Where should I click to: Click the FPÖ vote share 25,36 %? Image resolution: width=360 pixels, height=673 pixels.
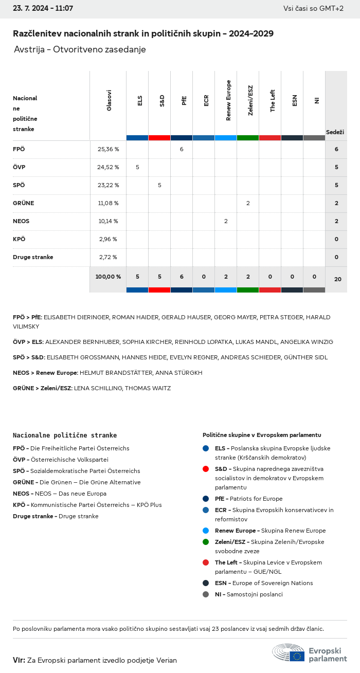point(108,149)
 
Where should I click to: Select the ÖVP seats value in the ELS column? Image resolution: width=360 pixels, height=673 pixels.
point(137,167)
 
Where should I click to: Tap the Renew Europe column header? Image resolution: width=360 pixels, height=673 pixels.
point(228,100)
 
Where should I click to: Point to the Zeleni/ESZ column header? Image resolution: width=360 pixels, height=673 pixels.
point(250,100)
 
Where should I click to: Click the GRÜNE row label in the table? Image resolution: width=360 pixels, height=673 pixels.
point(24,203)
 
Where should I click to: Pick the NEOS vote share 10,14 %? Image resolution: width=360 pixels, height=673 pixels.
point(108,221)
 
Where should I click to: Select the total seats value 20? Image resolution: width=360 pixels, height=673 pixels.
point(337,279)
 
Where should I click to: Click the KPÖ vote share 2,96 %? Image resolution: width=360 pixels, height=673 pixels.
point(108,239)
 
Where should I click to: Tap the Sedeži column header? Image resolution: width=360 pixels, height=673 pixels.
point(335,133)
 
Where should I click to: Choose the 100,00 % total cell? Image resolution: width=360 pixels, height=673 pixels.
point(108,277)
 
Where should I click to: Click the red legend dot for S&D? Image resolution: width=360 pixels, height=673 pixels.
point(206,469)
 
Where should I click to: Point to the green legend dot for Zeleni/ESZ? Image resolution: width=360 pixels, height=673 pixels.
point(206,542)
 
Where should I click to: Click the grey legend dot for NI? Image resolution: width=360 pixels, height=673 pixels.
point(206,594)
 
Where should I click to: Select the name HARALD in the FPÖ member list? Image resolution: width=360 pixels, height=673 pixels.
point(318,317)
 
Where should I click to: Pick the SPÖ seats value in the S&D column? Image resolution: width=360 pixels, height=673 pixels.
point(159,185)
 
